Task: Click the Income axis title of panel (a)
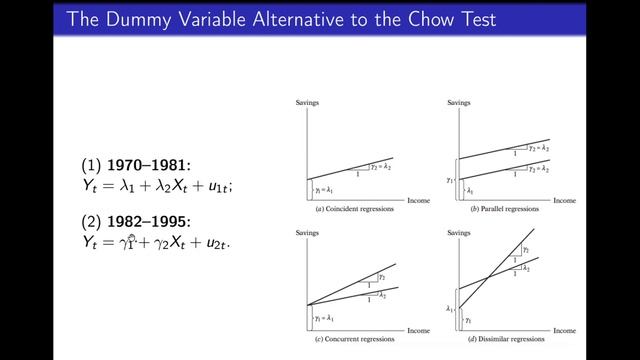point(412,199)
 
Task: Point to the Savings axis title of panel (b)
point(457,105)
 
